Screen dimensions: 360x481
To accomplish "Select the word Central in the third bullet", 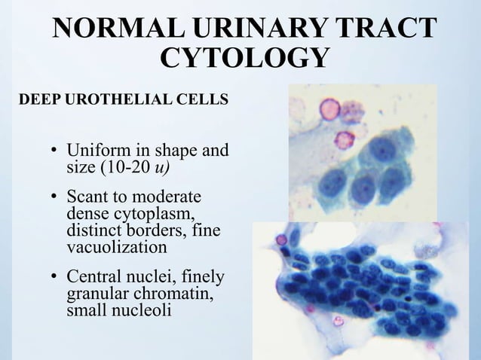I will coord(94,277).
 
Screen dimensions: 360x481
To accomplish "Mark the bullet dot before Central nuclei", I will coord(54,279).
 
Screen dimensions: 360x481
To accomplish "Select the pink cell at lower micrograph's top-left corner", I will coord(280,240).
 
